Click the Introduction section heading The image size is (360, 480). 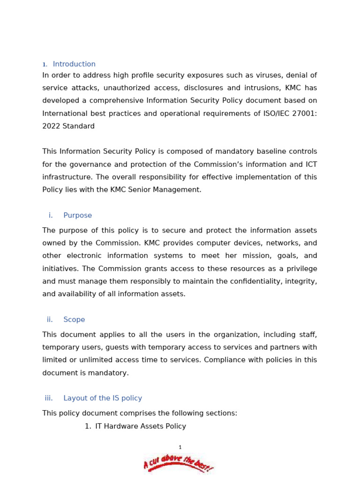[x=74, y=64]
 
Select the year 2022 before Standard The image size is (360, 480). [x=51, y=126]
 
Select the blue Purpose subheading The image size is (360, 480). [x=78, y=216]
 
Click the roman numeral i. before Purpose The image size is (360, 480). [x=51, y=216]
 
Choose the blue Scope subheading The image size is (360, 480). [x=74, y=320]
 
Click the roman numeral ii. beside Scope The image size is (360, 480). [x=50, y=320]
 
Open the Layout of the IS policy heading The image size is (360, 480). [x=103, y=398]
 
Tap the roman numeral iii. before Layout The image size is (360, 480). [x=49, y=398]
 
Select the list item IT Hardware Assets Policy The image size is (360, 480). [x=141, y=427]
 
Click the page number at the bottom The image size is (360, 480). [x=180, y=448]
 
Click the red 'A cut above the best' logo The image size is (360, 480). [x=178, y=464]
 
